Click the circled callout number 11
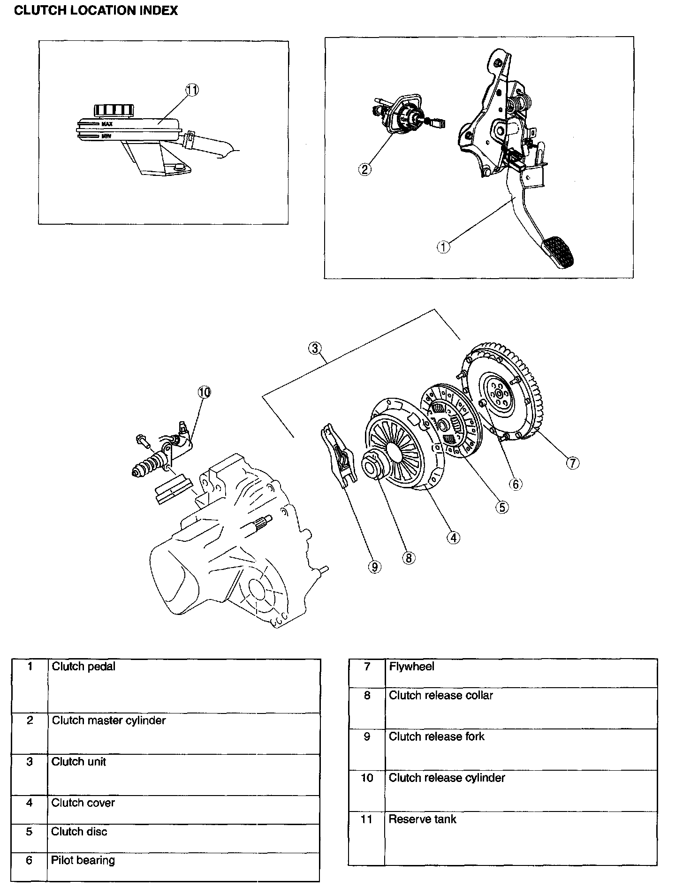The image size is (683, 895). [192, 90]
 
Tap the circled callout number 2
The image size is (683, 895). [365, 169]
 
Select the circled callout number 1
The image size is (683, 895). [443, 246]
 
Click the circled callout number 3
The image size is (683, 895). [315, 348]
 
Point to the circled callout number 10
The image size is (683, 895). [205, 392]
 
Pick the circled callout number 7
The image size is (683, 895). [572, 463]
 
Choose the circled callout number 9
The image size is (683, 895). [374, 567]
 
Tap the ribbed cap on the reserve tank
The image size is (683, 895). [111, 110]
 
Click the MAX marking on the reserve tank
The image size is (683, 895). [106, 124]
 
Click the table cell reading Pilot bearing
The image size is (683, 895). [83, 860]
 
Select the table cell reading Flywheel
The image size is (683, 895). [411, 667]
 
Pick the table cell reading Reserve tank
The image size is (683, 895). [422, 819]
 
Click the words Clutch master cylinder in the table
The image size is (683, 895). [108, 720]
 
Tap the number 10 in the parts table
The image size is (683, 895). [367, 778]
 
